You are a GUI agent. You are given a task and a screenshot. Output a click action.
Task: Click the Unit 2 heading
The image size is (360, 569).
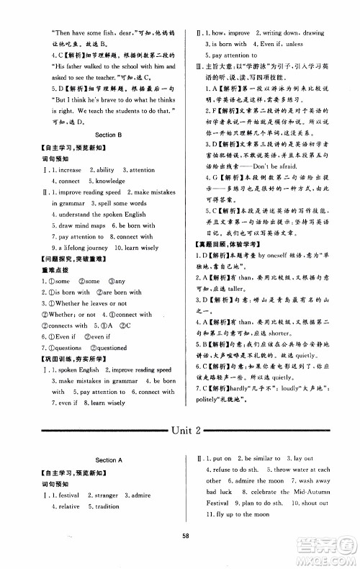point(180,430)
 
